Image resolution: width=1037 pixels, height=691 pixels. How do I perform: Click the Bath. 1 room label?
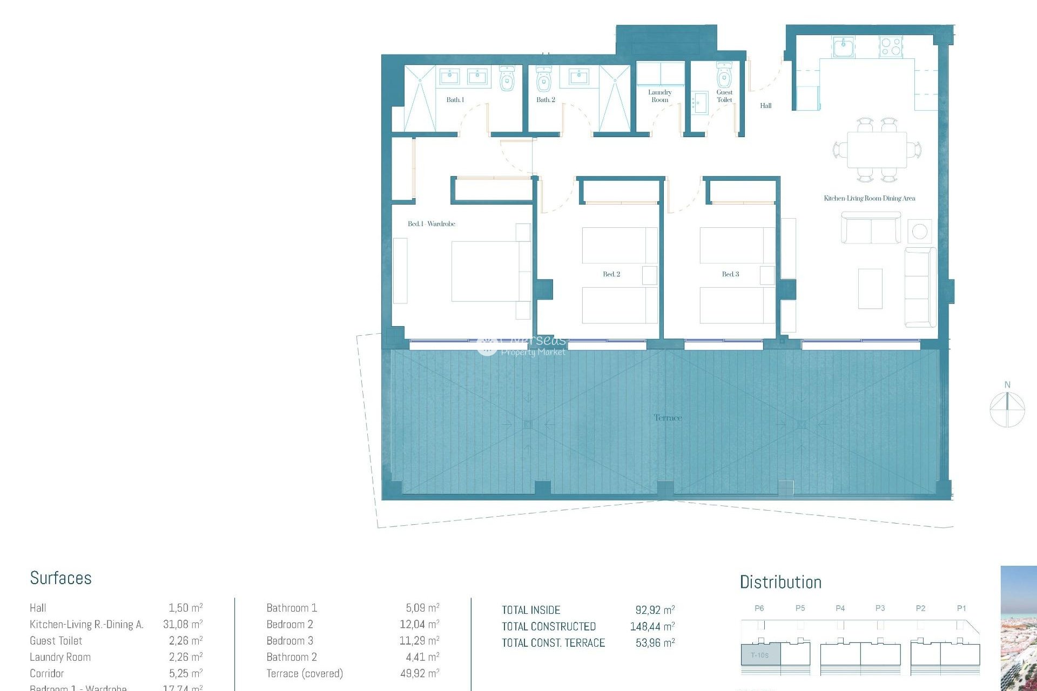[455, 100]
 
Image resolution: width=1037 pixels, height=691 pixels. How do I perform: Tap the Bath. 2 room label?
[546, 100]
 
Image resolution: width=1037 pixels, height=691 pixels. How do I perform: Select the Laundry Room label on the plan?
[659, 96]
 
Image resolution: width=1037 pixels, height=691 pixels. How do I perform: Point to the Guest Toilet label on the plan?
[724, 96]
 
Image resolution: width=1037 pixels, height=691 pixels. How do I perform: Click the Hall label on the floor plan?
[765, 106]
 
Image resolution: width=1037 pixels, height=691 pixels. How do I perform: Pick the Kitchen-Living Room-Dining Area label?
[869, 199]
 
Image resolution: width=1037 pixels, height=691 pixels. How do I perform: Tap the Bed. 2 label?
[611, 274]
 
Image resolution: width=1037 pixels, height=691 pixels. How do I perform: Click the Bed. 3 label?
[730, 274]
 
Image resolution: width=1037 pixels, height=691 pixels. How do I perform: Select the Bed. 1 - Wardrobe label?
[431, 224]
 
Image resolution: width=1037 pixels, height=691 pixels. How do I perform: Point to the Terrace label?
[668, 418]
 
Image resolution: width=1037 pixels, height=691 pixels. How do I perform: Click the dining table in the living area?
[877, 150]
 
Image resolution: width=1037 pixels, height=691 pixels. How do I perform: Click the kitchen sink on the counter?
[843, 47]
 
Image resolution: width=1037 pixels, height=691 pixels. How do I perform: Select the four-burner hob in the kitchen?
[891, 46]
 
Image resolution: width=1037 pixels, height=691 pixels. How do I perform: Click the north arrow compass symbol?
[1007, 409]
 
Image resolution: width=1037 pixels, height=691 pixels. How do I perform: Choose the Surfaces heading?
[60, 578]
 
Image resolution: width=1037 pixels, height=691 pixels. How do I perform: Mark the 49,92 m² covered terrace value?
[419, 674]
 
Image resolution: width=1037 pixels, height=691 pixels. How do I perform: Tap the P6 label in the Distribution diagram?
[759, 608]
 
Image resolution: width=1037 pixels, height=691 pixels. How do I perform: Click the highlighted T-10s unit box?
[760, 655]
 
